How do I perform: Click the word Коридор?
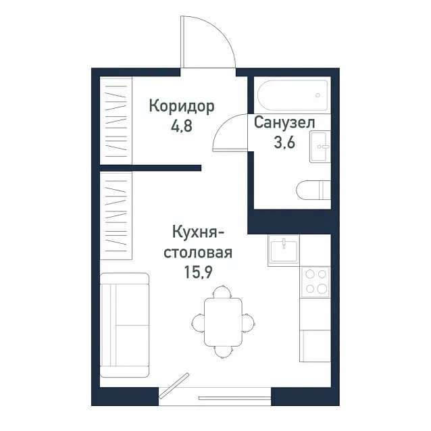pyautogui.click(x=182, y=106)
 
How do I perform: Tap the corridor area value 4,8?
pyautogui.click(x=182, y=126)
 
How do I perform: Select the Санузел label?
pyautogui.click(x=284, y=122)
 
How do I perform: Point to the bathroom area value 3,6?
pyautogui.click(x=284, y=143)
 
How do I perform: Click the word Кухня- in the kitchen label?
pyautogui.click(x=199, y=232)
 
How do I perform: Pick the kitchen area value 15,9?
pyautogui.click(x=198, y=272)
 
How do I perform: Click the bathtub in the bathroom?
pyautogui.click(x=293, y=95)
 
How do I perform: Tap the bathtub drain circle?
pyautogui.click(x=318, y=95)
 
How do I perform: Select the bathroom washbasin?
pyautogui.click(x=320, y=147)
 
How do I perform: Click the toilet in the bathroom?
pyautogui.click(x=313, y=190)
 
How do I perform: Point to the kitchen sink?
pyautogui.click(x=284, y=251)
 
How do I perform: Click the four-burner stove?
pyautogui.click(x=315, y=282)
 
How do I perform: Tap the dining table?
pyautogui.click(x=223, y=322)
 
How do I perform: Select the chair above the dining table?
pyautogui.click(x=223, y=292)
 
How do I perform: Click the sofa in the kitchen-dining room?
pyautogui.click(x=124, y=325)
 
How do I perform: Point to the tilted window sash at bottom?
pyautogui.click(x=174, y=385)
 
